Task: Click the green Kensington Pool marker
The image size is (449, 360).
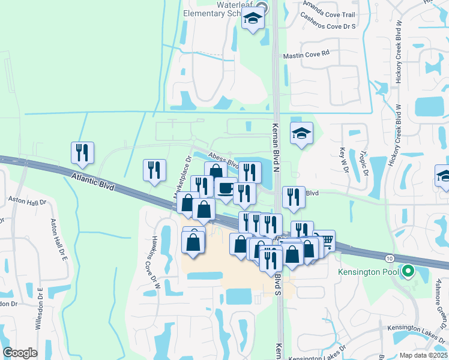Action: point(409,272)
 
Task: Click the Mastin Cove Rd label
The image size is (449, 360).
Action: point(306,54)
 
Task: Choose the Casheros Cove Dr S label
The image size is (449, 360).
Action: point(328,27)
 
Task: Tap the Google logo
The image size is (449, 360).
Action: point(20,353)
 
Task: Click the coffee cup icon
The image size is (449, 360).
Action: point(225,188)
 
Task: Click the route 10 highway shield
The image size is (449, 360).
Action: point(390,258)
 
